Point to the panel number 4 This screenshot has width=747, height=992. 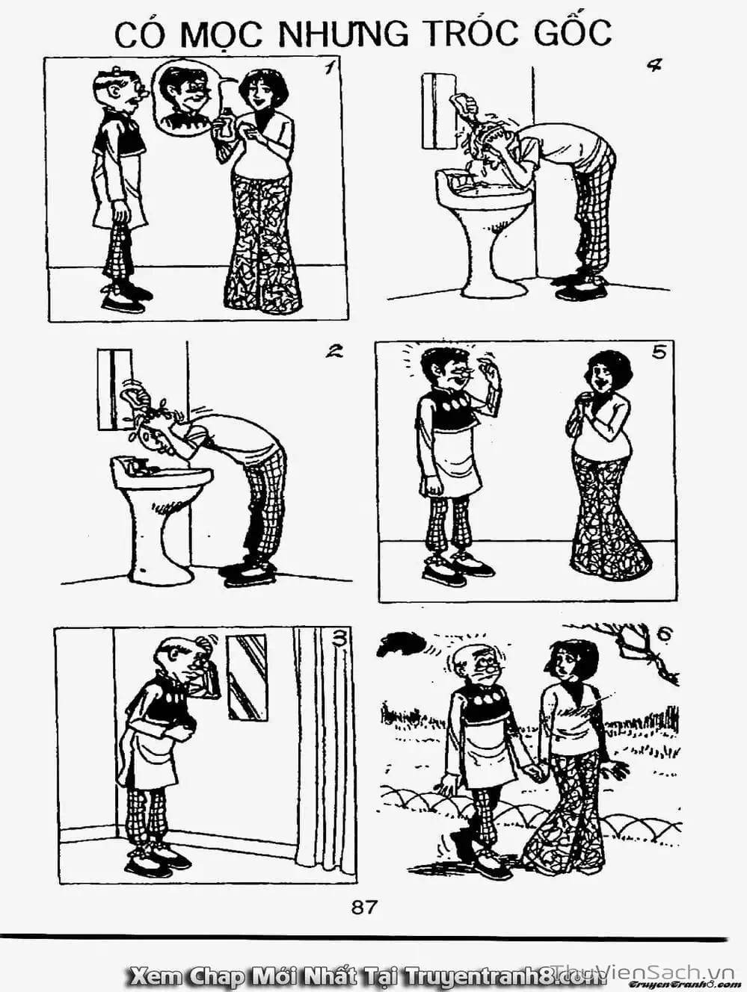(655, 66)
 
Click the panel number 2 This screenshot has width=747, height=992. (333, 350)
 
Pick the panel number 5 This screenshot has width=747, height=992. (660, 353)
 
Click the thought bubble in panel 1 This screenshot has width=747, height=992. (186, 100)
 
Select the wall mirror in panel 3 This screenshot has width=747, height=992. (248, 677)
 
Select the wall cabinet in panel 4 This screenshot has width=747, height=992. (439, 111)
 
